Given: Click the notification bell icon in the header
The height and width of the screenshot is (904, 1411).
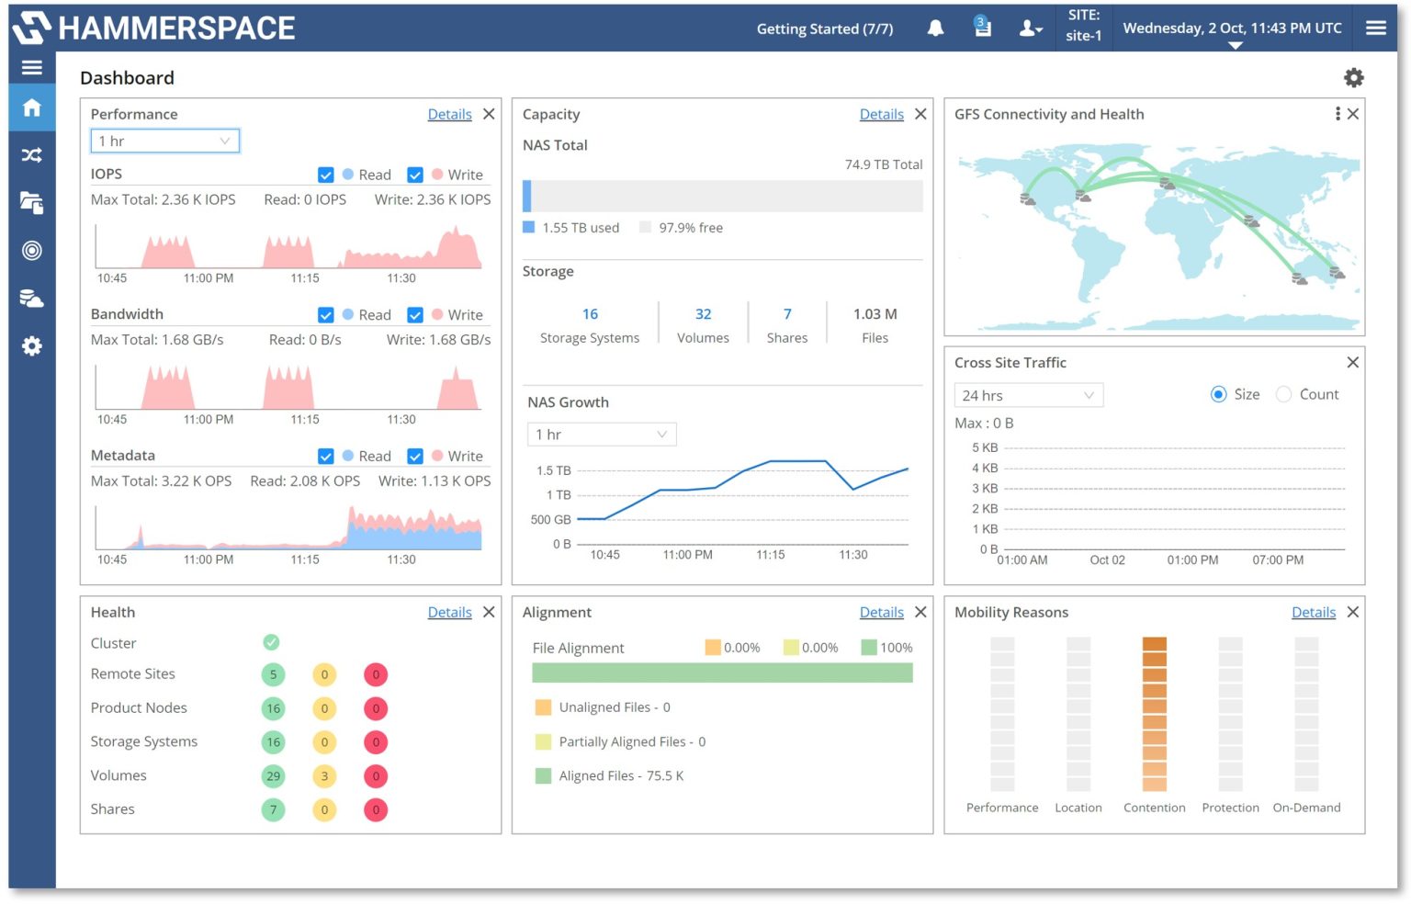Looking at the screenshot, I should coord(935,28).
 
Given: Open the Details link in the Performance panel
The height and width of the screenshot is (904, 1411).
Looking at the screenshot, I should coord(449,114).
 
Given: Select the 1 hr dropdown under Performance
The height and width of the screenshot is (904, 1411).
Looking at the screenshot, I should coord(164,141).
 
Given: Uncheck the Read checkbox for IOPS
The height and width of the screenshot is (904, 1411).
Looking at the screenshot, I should coord(326,175).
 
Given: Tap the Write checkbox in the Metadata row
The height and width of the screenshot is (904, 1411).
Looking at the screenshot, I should coord(415,456).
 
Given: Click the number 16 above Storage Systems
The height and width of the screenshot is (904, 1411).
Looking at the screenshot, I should coord(590,314).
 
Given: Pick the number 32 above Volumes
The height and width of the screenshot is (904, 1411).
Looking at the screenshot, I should coord(703,314).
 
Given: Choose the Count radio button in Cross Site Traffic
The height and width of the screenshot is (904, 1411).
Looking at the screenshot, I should coord(1284,394).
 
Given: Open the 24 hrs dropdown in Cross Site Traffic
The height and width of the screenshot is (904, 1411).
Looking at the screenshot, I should coord(1028,395).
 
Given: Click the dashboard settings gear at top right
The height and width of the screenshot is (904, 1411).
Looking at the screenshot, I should coord(1353,78).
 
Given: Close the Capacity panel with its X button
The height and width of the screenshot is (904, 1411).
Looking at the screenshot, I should coord(920,114).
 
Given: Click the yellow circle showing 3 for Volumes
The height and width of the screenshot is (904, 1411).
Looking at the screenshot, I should coord(324,776).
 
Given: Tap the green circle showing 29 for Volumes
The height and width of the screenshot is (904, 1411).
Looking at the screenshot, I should coord(273,776).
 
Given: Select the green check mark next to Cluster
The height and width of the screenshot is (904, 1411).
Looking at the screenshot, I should coord(271,642).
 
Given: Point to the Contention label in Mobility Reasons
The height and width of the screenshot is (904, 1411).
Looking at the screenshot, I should coord(1154,808).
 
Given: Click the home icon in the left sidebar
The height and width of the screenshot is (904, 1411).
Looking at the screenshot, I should coord(32,107).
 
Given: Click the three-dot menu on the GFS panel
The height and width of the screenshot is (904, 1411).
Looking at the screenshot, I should coord(1337,114).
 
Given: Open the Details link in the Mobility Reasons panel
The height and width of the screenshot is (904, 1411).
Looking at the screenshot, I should coord(1313,612).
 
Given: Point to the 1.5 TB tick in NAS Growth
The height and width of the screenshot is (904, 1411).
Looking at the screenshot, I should coord(553,470).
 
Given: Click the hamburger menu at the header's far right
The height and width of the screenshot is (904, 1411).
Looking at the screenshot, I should coord(1375,28).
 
